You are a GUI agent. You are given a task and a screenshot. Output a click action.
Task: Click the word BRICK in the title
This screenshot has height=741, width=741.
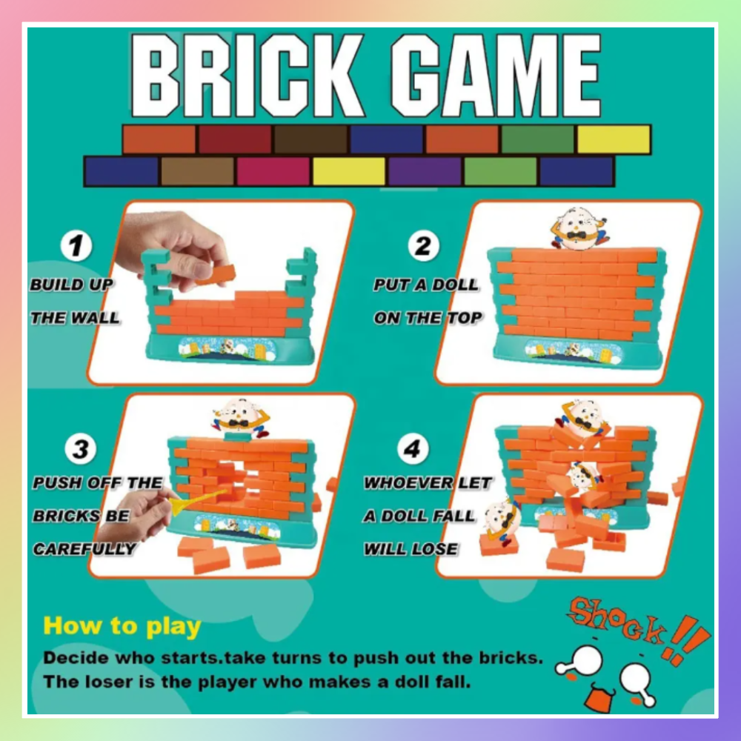click(247, 75)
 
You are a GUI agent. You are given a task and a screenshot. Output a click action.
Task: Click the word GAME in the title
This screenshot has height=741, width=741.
click(496, 75)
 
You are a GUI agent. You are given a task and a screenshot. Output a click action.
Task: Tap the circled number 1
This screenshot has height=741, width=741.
click(76, 246)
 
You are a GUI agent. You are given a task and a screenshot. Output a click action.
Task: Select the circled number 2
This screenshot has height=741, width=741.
click(423, 246)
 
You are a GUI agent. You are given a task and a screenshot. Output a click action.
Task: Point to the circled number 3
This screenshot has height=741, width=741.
click(80, 448)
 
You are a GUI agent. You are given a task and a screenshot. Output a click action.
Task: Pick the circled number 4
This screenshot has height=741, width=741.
click(413, 448)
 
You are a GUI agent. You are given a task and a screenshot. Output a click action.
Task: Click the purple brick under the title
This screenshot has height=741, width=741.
click(425, 171)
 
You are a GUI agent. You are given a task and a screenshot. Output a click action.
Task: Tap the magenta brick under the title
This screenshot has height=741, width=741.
click(273, 171)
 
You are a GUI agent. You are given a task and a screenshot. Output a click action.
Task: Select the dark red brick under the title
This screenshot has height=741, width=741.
click(235, 139)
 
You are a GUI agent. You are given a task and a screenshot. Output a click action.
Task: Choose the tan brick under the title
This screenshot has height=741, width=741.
click(198, 171)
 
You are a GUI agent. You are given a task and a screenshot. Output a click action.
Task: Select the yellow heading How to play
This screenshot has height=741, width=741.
click(122, 627)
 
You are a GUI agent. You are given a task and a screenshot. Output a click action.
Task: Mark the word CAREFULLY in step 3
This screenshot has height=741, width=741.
click(84, 548)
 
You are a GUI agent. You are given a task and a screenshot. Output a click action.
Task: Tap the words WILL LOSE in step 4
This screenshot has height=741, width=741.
click(411, 548)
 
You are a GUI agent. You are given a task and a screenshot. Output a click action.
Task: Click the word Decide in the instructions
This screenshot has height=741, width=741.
click(76, 657)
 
